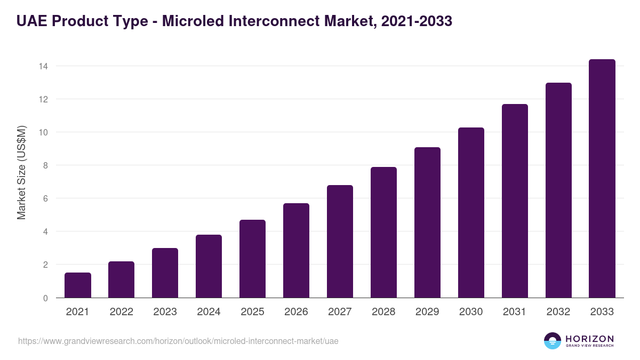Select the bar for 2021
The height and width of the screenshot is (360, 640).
tap(78, 285)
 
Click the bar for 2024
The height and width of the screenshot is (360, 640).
tap(209, 266)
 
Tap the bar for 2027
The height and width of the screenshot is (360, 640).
tap(340, 242)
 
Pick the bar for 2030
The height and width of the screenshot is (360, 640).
tap(471, 213)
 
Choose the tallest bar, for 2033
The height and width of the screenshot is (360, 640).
tap(602, 179)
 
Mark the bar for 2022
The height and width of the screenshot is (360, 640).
tap(122, 279)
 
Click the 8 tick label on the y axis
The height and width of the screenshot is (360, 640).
tap(45, 165)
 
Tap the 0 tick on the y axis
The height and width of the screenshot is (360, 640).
tap(45, 298)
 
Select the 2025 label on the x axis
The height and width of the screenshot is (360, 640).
tap(252, 312)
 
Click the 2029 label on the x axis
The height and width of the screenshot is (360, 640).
tap(427, 312)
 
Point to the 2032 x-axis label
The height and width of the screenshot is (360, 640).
tap(558, 312)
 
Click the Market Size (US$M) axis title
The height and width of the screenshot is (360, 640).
tap(21, 173)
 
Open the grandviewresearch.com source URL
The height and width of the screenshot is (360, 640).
tap(178, 341)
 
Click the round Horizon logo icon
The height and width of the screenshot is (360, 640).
tap(553, 341)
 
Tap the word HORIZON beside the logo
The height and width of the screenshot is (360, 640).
tap(589, 338)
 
